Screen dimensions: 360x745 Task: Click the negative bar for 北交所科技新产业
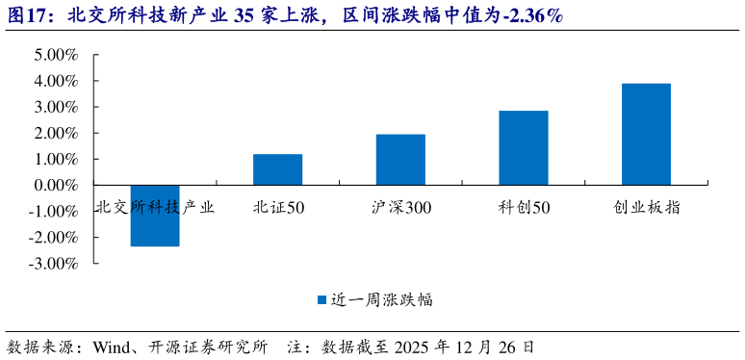[x=155, y=216]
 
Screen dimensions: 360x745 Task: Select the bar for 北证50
[x=277, y=169]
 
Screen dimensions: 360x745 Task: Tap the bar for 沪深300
[x=400, y=160]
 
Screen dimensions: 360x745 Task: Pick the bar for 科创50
[x=524, y=147]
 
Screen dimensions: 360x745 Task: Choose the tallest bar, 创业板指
[x=646, y=134]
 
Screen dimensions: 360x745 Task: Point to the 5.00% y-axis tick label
[x=56, y=55]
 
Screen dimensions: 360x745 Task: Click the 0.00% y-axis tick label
[x=56, y=185]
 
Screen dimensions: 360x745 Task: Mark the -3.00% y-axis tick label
[x=54, y=263]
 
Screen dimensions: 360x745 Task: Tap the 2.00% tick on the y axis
[x=56, y=133]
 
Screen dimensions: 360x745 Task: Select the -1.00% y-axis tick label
[x=54, y=211]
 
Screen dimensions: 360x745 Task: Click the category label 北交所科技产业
[x=155, y=206]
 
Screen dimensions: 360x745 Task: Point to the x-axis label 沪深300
[x=400, y=206]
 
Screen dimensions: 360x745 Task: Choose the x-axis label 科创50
[x=524, y=206]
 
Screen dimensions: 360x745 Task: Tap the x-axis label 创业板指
[x=646, y=206]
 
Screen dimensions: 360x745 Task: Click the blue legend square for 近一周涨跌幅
[x=321, y=299]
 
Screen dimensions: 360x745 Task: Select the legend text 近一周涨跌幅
[x=381, y=299]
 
